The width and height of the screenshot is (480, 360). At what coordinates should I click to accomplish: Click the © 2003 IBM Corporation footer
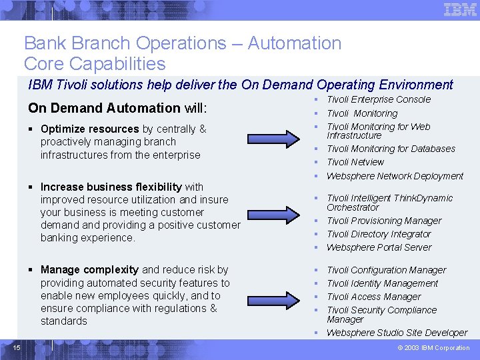(x=433, y=347)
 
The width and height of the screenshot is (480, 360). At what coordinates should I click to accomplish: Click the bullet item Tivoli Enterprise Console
(x=379, y=99)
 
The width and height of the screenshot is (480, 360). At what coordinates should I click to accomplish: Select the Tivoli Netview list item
(x=355, y=162)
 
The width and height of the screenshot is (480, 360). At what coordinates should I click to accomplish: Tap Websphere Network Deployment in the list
(x=395, y=176)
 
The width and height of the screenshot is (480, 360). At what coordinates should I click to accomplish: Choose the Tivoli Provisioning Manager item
(x=384, y=221)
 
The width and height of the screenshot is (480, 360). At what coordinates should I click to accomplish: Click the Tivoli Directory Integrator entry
(x=379, y=234)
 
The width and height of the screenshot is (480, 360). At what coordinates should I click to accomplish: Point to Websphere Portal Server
(x=379, y=247)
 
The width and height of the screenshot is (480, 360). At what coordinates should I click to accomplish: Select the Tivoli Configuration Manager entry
(x=386, y=270)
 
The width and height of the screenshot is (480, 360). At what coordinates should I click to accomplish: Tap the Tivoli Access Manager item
(x=374, y=297)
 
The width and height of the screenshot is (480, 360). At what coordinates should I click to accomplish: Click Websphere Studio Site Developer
(x=397, y=333)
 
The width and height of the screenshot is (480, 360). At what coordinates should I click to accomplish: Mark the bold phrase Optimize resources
(x=89, y=129)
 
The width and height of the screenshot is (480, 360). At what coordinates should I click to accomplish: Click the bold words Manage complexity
(x=89, y=270)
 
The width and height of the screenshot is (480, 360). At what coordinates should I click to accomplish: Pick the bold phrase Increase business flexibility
(x=111, y=187)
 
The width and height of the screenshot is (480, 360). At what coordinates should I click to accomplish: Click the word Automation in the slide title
(x=294, y=43)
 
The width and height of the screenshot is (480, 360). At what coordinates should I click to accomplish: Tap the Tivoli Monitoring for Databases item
(x=391, y=149)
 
